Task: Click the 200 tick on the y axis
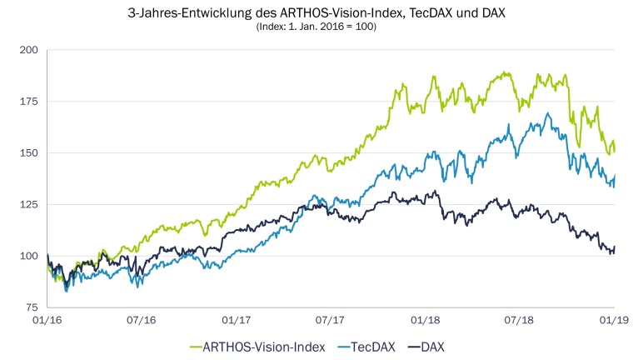click(31, 50)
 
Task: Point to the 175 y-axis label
click(31, 102)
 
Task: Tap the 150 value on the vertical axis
click(31, 153)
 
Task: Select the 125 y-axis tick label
click(31, 205)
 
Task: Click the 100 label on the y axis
click(31, 256)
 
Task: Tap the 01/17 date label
click(237, 319)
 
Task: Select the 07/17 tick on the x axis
click(331, 319)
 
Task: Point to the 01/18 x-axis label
click(426, 319)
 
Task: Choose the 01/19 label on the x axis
click(615, 319)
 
